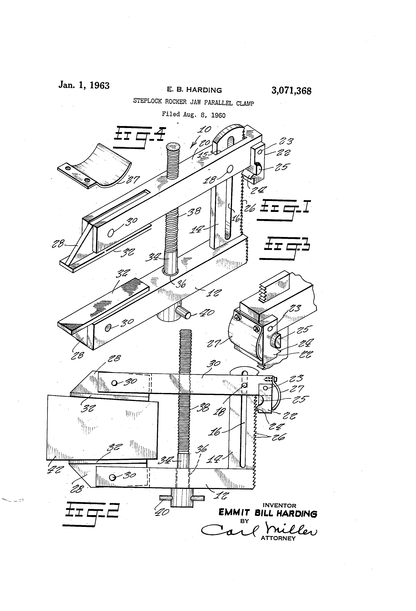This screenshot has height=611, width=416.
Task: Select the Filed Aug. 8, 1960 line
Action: coord(193,115)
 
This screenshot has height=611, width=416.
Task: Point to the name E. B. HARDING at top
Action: coord(194,90)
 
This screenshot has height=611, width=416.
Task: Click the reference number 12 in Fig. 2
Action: coord(222,496)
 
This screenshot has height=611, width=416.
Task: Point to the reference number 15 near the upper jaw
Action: coord(203,154)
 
